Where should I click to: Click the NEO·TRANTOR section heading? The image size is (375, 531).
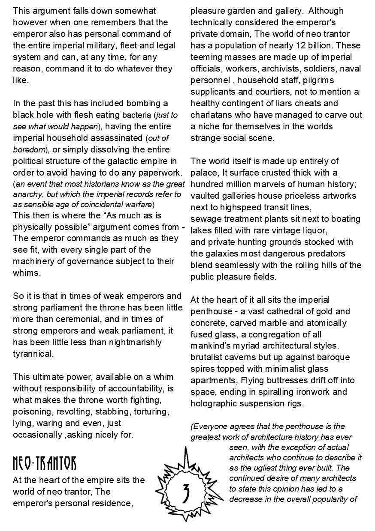[x=45, y=463]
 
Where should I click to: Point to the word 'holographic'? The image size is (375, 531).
[x=212, y=403]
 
